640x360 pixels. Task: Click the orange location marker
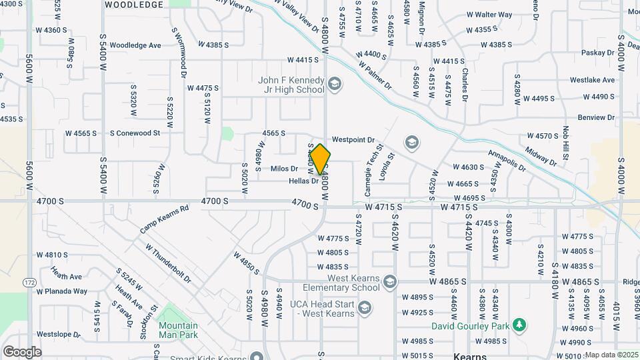click(320, 160)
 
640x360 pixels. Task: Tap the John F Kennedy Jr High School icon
click(334, 84)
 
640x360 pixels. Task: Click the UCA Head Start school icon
click(364, 307)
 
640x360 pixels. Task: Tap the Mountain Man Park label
click(177, 330)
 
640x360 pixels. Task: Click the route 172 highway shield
click(29, 283)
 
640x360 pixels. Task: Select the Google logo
click(22, 351)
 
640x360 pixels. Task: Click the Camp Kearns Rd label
click(165, 219)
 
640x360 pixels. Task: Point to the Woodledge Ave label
click(136, 45)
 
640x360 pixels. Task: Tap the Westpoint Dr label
click(354, 140)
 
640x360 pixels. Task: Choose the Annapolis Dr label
click(507, 160)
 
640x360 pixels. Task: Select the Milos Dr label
click(284, 169)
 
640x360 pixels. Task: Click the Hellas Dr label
click(303, 181)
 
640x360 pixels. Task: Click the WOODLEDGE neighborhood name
click(133, 5)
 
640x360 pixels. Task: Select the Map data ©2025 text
click(612, 355)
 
